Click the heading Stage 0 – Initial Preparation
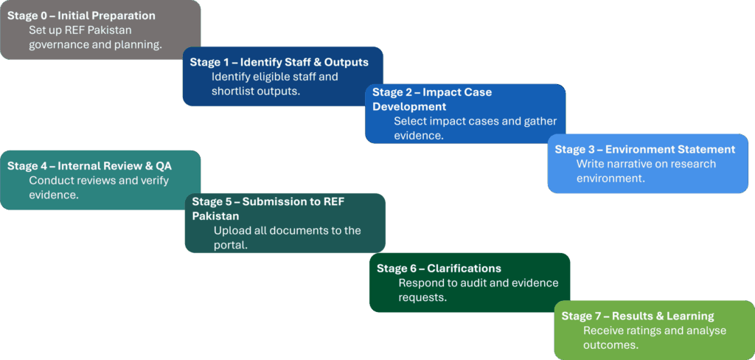[x=81, y=15]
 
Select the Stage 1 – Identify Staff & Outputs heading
[x=279, y=62]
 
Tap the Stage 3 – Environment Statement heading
[x=644, y=149]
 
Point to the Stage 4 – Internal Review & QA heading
[x=89, y=166]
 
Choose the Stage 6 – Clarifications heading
[x=439, y=268]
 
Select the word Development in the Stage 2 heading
[x=409, y=106]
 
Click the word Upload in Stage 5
[x=232, y=230]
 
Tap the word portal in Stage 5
[x=230, y=245]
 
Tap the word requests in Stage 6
[x=422, y=297]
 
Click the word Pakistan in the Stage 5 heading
[x=217, y=215]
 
